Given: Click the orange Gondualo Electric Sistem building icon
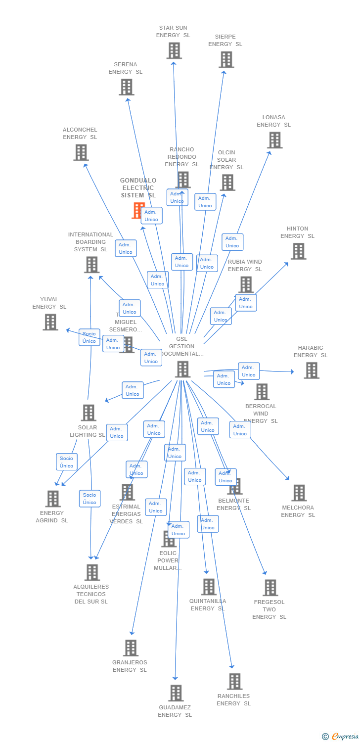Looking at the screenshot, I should (137, 210).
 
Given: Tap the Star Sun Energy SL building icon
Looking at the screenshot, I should (174, 50).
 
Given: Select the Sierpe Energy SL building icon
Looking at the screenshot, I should (226, 59).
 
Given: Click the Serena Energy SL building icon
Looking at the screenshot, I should (127, 87).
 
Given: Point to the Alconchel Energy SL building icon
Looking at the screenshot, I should (81, 152).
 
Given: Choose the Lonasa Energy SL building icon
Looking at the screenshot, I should (275, 140).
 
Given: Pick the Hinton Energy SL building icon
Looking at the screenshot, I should (298, 251).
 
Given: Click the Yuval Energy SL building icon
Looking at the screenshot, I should (50, 322).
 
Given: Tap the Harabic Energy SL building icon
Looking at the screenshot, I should (312, 370).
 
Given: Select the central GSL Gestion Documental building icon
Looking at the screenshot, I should (183, 369).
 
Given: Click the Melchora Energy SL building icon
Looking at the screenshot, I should (299, 493).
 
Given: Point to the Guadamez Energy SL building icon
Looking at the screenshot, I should (176, 693).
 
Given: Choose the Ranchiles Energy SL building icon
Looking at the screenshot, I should (235, 681).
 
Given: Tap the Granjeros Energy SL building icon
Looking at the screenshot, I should (131, 648).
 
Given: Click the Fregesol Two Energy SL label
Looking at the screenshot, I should (269, 609).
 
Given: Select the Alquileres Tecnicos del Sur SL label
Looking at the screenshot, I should (91, 594).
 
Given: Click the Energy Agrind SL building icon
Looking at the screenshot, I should (53, 499).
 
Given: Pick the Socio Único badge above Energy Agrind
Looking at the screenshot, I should (67, 462).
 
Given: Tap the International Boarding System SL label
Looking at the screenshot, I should (90, 242).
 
